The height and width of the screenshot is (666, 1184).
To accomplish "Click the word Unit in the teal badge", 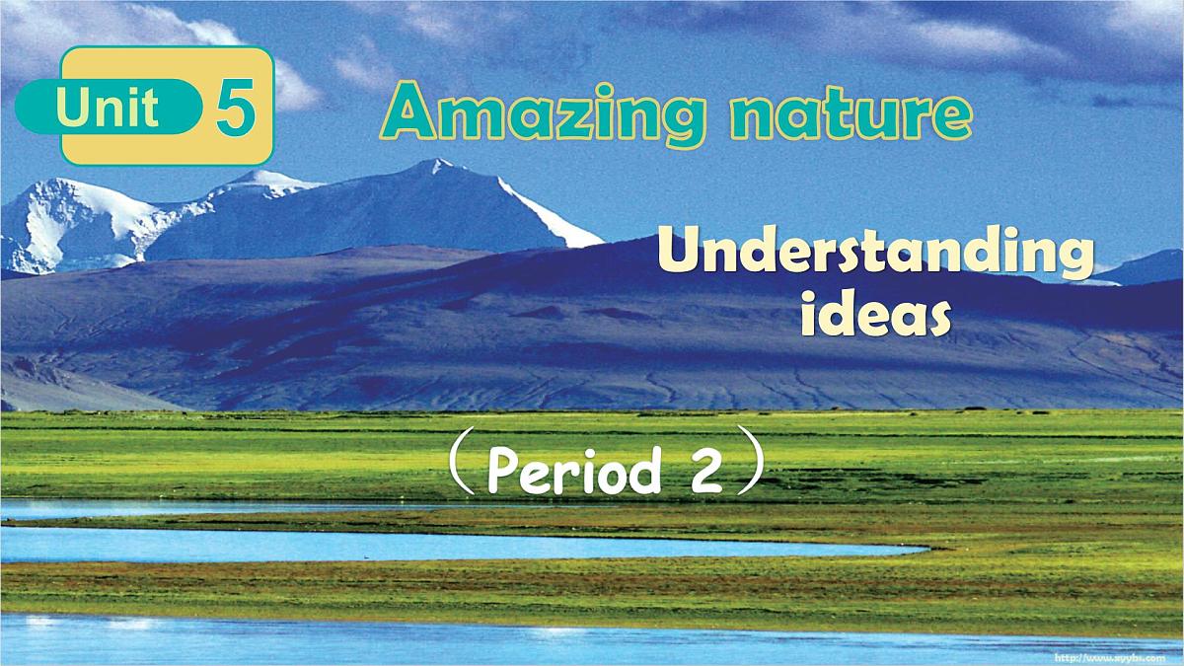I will coord(108,106).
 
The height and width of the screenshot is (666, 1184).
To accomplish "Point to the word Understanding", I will coord(875,255).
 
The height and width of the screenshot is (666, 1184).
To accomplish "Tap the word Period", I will coord(573,473).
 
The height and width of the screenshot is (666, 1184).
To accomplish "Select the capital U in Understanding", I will coord(676,253).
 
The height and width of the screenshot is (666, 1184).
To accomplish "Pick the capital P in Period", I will coord(503,471).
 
